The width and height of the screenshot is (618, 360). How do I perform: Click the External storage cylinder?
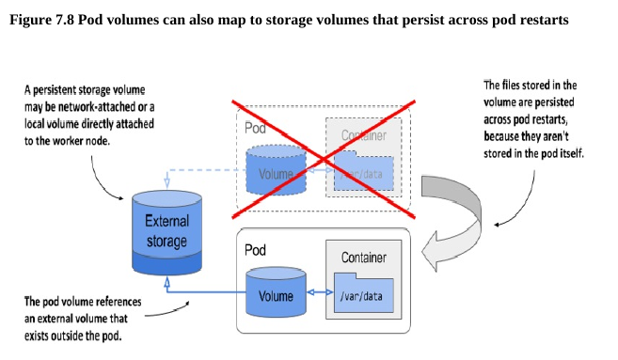(166, 233)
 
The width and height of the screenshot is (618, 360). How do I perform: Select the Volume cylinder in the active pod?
(276, 292)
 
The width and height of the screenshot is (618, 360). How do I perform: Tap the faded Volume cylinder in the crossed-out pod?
(276, 170)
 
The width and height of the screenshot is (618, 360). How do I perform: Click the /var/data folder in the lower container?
(363, 292)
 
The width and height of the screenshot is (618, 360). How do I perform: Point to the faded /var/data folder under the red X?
(363, 170)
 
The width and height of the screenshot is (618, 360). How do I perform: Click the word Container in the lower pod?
(364, 258)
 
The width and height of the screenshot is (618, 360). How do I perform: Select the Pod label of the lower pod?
(255, 250)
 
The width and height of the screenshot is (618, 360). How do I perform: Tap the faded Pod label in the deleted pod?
(255, 128)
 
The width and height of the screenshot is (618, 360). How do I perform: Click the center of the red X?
(324, 159)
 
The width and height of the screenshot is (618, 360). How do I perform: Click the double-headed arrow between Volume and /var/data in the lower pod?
(320, 292)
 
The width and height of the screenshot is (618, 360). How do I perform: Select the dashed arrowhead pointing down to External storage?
(167, 182)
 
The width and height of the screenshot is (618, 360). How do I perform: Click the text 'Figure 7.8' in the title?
(41, 20)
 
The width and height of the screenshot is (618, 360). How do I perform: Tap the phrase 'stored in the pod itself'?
(533, 153)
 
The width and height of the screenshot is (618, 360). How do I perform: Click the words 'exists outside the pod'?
(73, 336)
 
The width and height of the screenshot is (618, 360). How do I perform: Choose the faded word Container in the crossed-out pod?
(364, 135)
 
